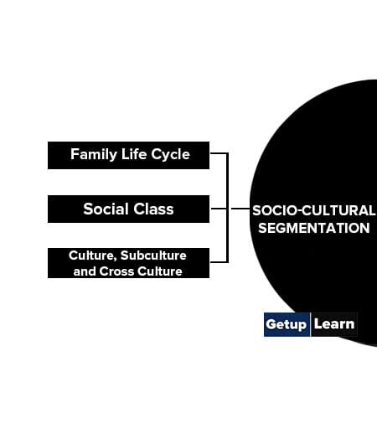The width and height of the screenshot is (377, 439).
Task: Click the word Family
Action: pos(94,154)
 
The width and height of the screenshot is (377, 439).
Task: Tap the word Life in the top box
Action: pos(134,154)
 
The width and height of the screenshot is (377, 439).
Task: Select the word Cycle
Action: pos(170,154)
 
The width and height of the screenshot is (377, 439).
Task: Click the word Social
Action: pos(106,209)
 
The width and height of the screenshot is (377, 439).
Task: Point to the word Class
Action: pos(153,209)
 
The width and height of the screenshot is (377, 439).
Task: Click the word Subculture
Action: pos(153,256)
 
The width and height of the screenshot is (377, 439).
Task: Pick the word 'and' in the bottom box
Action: pos(85,271)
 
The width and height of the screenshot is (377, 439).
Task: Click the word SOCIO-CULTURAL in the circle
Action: pos(313,210)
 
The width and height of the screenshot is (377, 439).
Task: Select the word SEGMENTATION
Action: pos(313,228)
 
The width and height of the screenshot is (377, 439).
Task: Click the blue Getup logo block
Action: pos(287,324)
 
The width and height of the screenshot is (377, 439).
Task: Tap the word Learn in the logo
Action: pos(334,324)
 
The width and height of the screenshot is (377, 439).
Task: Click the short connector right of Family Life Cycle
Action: pos(219,153)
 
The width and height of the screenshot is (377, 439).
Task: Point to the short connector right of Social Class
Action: pos(219,209)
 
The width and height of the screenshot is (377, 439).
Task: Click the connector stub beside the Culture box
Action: pos(219,261)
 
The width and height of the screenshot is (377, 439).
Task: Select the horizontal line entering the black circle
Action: pos(240,209)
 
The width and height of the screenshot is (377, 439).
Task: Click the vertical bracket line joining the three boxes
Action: pos(227,208)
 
